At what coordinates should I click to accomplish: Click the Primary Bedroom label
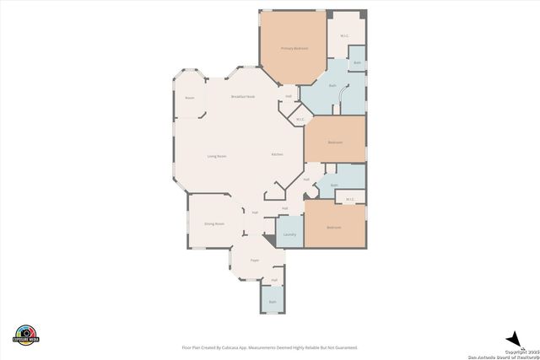294,48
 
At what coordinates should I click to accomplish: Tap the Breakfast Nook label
243,97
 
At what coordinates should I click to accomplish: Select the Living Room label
217,156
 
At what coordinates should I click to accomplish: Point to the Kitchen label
277,155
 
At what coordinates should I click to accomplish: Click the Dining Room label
213,223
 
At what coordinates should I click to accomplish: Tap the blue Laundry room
289,234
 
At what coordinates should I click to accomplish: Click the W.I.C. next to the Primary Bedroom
345,35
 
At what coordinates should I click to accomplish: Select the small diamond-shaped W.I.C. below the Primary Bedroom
300,120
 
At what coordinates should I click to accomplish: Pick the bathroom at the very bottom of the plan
272,301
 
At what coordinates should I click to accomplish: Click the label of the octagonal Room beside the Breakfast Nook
190,97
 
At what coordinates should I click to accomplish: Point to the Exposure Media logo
26,334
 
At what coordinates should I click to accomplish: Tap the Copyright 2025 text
521,351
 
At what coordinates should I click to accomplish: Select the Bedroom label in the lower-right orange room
334,227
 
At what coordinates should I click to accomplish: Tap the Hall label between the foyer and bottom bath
274,280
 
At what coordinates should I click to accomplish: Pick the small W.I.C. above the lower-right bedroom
350,199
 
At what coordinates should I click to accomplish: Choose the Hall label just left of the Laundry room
254,212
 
